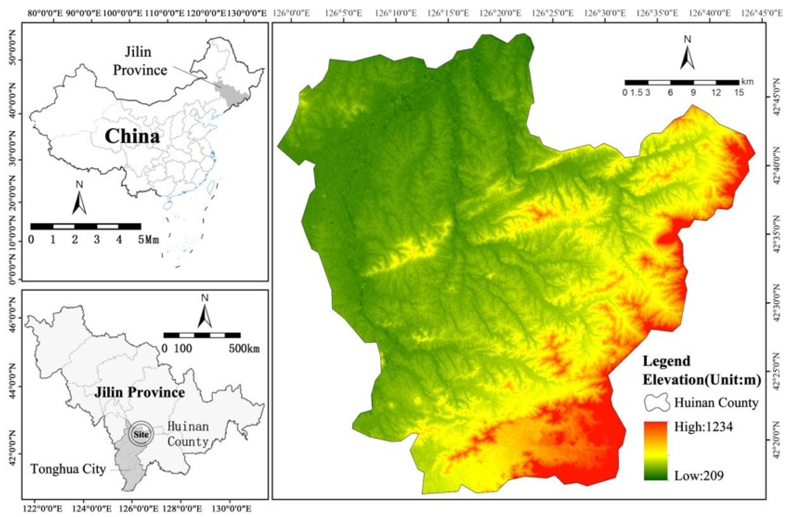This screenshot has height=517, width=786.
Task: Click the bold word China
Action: click(x=132, y=136)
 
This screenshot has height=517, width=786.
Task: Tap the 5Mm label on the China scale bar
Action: click(x=148, y=240)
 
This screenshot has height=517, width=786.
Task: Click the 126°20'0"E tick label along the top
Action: click(x=500, y=13)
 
